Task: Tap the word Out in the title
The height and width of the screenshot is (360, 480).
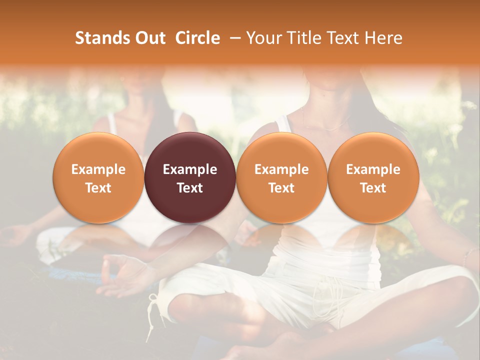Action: (x=149, y=38)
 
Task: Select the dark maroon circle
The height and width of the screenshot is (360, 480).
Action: (x=190, y=177)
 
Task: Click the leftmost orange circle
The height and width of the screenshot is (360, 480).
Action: (x=98, y=177)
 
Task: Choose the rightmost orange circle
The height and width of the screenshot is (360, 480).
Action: (x=373, y=177)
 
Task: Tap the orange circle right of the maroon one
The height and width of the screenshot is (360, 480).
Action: (x=281, y=177)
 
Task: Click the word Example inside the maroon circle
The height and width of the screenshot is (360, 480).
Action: (x=190, y=169)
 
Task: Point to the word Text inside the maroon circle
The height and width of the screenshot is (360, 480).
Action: (x=190, y=188)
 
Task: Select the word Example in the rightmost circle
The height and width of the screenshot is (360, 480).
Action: (x=373, y=169)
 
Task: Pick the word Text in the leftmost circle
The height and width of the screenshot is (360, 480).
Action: (x=98, y=188)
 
